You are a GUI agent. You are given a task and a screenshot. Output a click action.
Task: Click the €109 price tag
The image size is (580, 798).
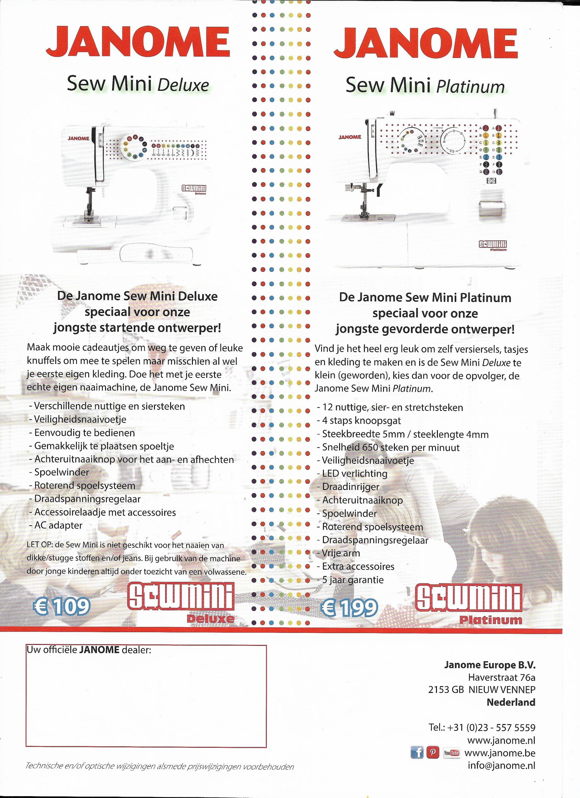(x=62, y=606)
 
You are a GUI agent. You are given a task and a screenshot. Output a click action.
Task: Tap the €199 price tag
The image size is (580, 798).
(x=349, y=608)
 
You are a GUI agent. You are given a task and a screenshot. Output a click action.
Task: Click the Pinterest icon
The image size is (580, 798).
(x=433, y=752)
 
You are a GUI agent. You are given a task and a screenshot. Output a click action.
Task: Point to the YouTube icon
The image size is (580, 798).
(x=451, y=753)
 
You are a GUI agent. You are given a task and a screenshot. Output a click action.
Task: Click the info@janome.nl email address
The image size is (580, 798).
(x=501, y=765)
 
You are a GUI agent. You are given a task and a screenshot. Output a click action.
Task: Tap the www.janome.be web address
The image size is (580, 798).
(x=500, y=753)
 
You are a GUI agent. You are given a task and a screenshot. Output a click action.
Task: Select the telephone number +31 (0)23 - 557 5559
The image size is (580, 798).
(x=482, y=728)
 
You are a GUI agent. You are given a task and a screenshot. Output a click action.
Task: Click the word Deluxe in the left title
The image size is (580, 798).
(x=183, y=85)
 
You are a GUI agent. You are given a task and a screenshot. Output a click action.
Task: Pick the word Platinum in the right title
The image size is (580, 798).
(x=470, y=87)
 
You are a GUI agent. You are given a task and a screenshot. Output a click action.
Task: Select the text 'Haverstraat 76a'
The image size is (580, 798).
(x=501, y=677)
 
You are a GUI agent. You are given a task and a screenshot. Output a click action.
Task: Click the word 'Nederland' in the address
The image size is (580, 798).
(x=511, y=702)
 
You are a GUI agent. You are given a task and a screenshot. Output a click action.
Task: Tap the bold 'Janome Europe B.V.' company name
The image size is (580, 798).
(x=490, y=665)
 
